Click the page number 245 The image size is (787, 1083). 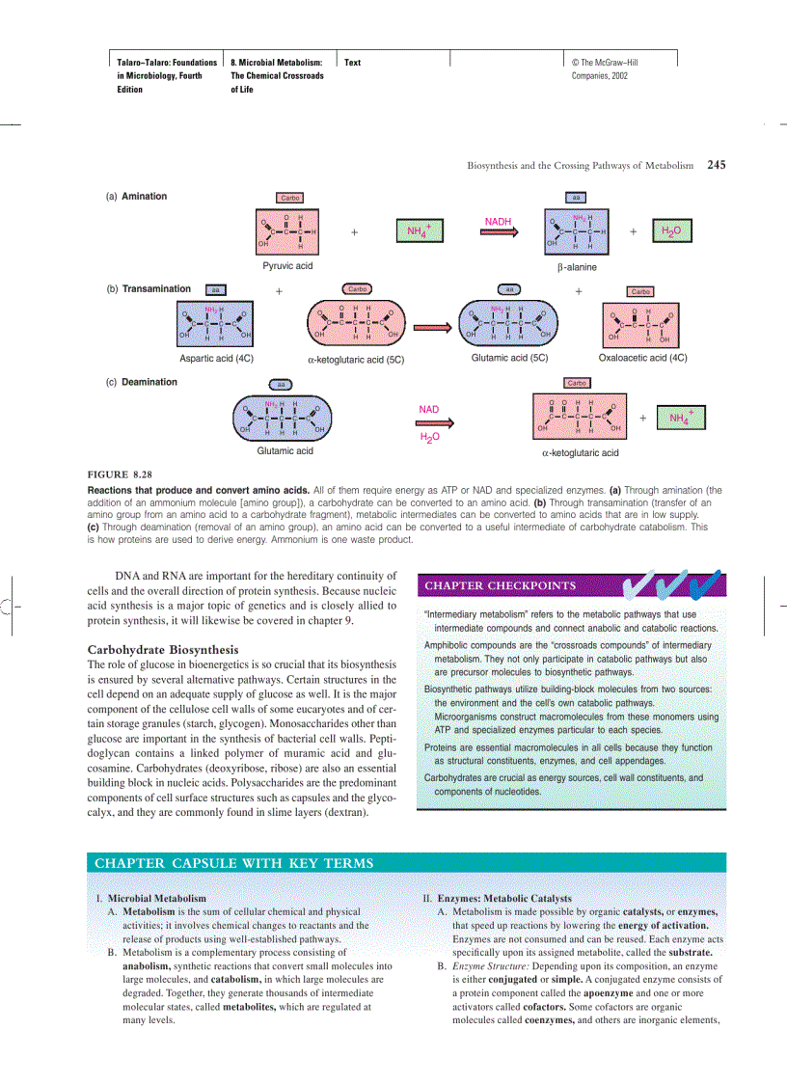click(716, 165)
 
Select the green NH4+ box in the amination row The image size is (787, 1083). click(418, 231)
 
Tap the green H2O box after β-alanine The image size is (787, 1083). click(669, 231)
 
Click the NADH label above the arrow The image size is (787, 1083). click(498, 221)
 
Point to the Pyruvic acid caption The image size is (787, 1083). click(287, 265)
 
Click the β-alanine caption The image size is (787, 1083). click(577, 266)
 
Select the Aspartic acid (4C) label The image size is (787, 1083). click(216, 358)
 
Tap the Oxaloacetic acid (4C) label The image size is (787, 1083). click(642, 358)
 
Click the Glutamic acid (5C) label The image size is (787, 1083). click(509, 358)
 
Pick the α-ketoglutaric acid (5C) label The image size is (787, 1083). click(355, 359)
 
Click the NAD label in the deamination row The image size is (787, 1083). click(429, 409)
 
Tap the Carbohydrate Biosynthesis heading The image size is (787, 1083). click(163, 649)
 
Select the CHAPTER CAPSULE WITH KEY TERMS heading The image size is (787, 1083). click(234, 862)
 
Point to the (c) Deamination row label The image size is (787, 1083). click(141, 382)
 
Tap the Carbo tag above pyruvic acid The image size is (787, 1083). click(289, 198)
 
